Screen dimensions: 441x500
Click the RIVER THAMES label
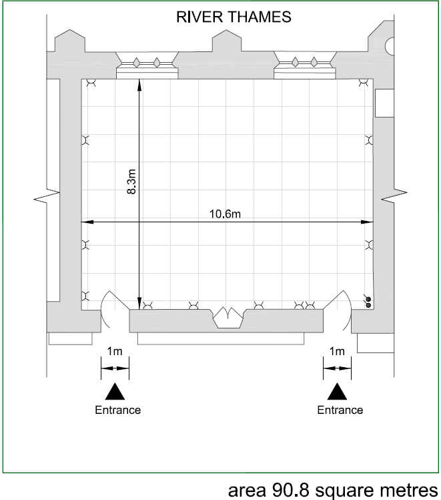(234, 17)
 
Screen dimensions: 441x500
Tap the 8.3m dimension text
(131, 182)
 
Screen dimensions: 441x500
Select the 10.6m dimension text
(225, 214)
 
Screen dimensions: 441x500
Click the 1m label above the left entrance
(115, 351)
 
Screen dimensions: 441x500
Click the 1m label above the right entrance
(337, 351)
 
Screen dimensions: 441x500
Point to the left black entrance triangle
(115, 392)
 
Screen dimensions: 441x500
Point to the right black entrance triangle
(337, 392)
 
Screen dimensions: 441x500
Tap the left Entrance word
(118, 410)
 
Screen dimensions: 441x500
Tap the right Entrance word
(340, 410)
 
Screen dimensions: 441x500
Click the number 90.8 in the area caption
(286, 490)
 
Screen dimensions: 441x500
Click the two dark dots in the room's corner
(368, 302)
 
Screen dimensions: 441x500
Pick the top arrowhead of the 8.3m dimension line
(139, 85)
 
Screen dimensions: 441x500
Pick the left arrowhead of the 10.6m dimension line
(87, 222)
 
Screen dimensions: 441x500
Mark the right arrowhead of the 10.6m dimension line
(367, 222)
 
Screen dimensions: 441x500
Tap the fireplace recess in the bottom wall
(228, 317)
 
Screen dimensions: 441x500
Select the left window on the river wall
(147, 65)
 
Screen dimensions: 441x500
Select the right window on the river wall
(305, 65)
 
